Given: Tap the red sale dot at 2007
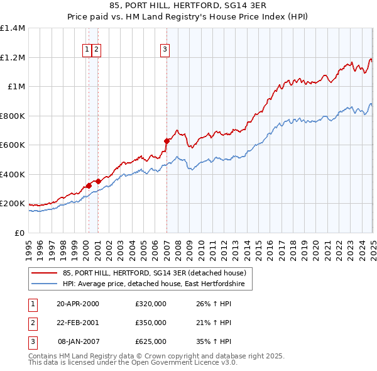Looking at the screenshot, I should point(167,141).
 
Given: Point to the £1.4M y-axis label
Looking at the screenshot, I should point(13,28).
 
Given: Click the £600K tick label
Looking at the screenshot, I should point(13,145).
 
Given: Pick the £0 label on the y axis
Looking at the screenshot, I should point(19,233).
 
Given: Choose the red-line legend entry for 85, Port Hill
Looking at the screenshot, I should point(157,273).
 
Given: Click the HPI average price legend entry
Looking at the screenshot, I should point(157,284).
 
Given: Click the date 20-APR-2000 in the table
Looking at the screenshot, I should point(78,304).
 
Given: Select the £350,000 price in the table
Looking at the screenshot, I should point(151,323).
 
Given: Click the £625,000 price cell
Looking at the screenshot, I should point(151,341).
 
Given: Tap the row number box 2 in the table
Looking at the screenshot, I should point(32,323).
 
